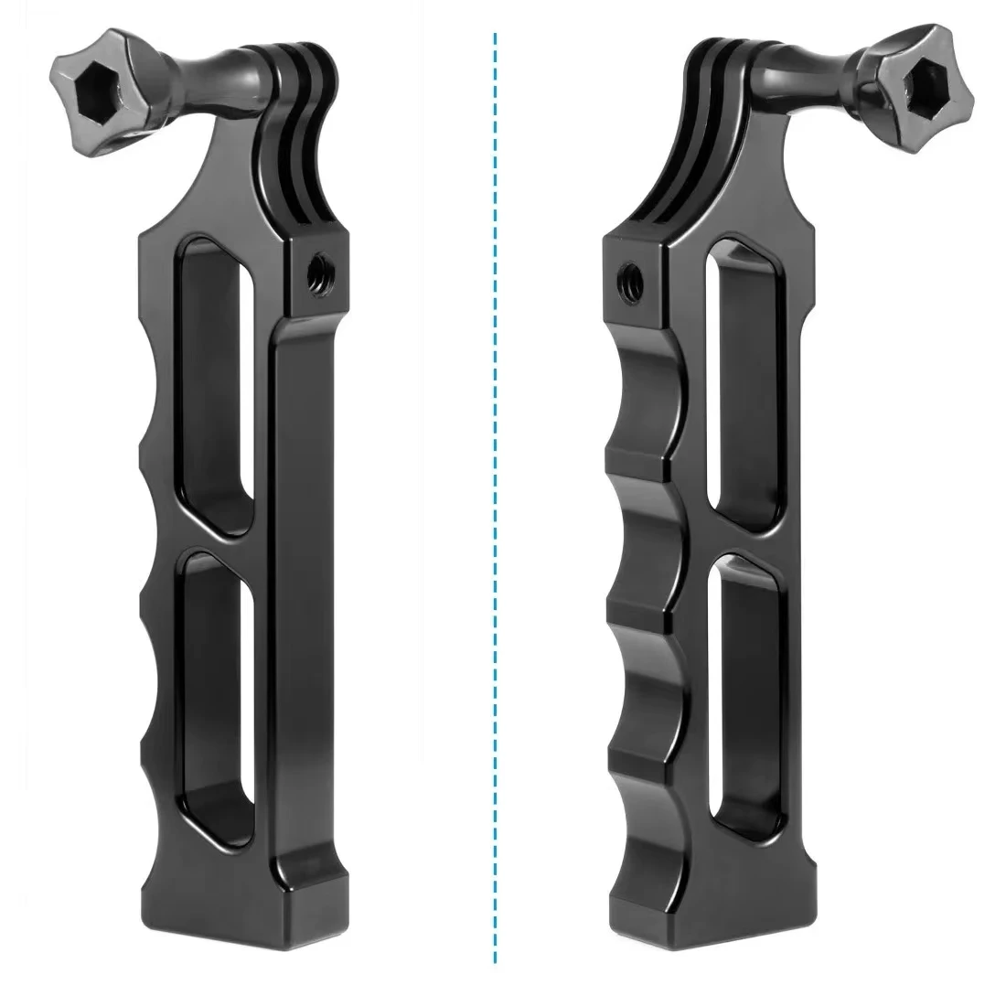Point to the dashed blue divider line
tap(495, 503)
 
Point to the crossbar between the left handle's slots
tap(219, 540)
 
